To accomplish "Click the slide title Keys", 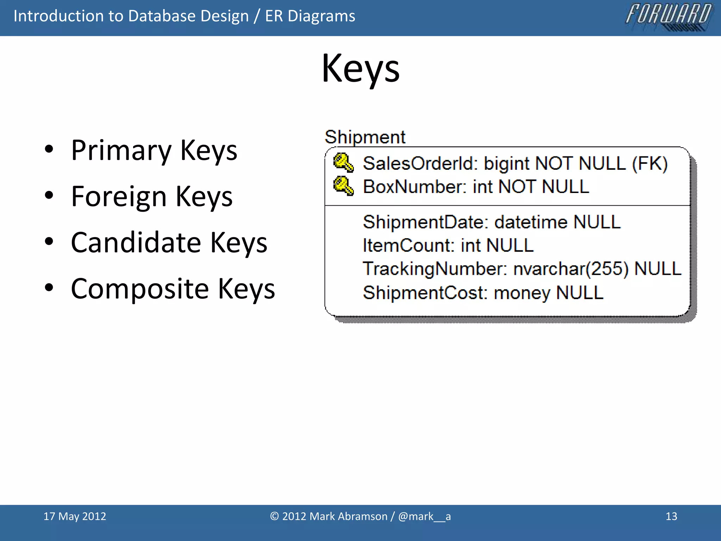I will click(x=360, y=69).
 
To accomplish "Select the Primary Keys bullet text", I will click(x=154, y=150).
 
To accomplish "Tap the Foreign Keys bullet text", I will click(x=151, y=197).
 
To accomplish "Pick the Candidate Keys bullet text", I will click(x=169, y=243).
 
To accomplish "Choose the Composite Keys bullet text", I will click(x=173, y=289).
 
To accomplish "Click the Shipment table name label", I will click(x=365, y=137).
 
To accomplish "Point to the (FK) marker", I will click(x=650, y=164).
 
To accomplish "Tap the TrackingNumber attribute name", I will click(x=434, y=269).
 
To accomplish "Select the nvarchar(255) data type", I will click(x=571, y=269).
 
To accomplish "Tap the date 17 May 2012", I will click(x=75, y=516).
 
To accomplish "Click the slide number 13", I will click(x=671, y=516).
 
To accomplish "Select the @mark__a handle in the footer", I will click(x=424, y=516).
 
